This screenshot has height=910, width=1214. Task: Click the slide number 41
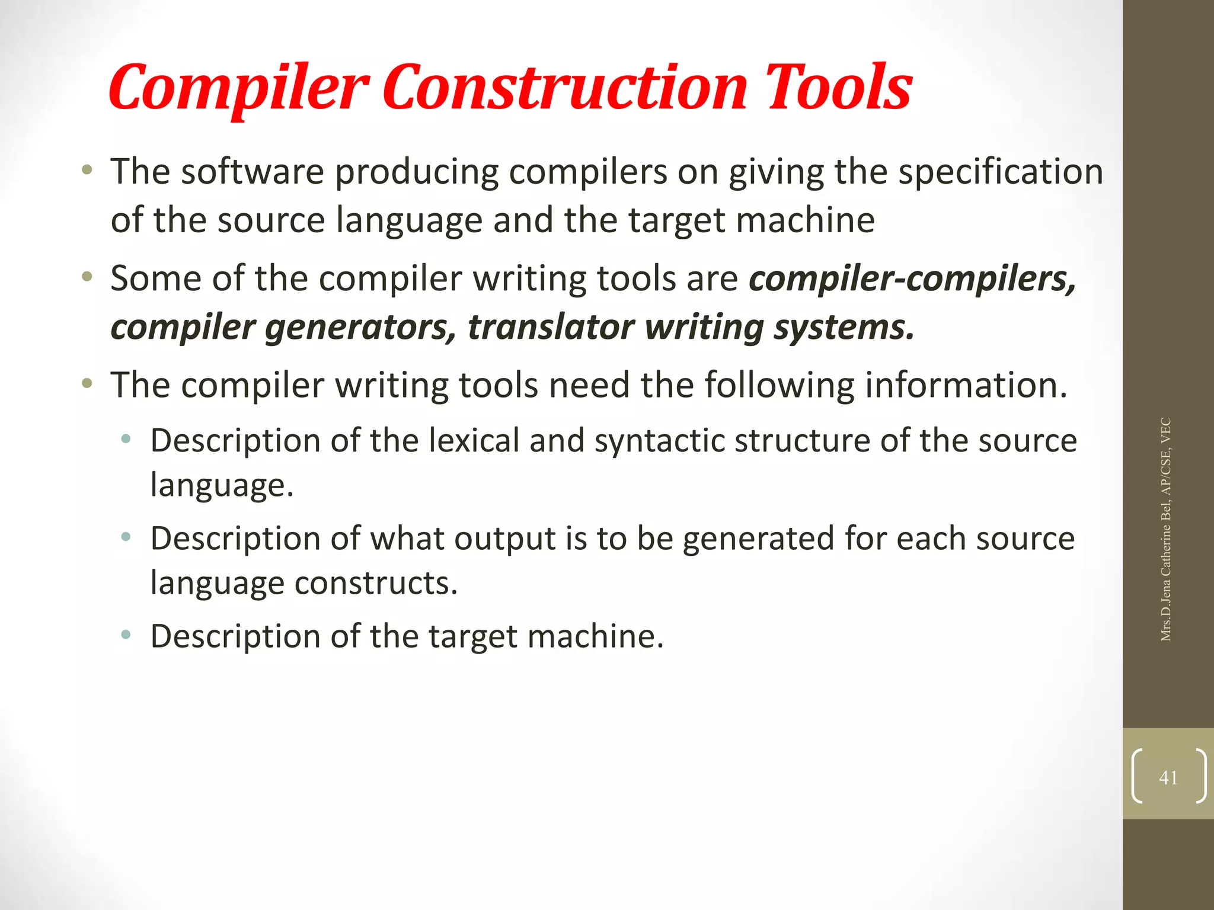point(1168,777)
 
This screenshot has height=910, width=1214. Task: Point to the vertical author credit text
point(1166,529)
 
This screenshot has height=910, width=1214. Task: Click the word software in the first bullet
point(253,172)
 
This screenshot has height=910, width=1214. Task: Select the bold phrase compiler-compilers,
point(912,278)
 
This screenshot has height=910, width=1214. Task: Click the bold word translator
point(551,327)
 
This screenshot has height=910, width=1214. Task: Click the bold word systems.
point(844,328)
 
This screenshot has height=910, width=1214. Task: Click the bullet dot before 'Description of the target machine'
point(126,636)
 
